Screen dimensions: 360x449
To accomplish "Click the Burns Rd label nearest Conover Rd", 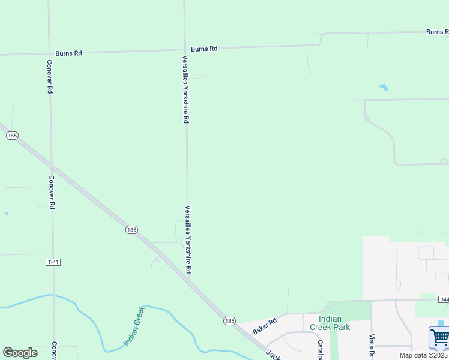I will (x=68, y=53).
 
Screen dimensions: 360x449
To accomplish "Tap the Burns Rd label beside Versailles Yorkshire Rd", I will (x=204, y=49).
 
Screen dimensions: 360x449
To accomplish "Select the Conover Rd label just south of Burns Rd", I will (x=50, y=76).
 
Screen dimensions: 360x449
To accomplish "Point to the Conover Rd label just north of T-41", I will (x=52, y=192).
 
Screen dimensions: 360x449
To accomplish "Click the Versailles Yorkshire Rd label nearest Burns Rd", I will (x=186, y=90).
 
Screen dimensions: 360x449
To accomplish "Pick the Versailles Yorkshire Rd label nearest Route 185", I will (x=188, y=240).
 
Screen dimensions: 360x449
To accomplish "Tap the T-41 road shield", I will (x=53, y=262).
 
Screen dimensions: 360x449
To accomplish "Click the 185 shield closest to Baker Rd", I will (x=229, y=321).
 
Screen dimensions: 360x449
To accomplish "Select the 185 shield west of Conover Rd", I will (x=11, y=136).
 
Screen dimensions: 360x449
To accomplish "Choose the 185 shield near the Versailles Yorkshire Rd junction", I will (x=132, y=230).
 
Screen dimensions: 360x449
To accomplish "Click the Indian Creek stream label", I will (x=134, y=326).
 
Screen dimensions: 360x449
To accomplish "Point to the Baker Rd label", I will (x=264, y=326).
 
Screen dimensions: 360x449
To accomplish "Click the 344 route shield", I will (x=444, y=299).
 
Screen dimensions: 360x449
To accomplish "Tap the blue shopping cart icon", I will (x=439, y=338).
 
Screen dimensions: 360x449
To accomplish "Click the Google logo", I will (x=20, y=353).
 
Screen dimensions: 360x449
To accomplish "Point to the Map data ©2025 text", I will (x=424, y=355).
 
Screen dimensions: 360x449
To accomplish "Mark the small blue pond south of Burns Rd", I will (x=382, y=88).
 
